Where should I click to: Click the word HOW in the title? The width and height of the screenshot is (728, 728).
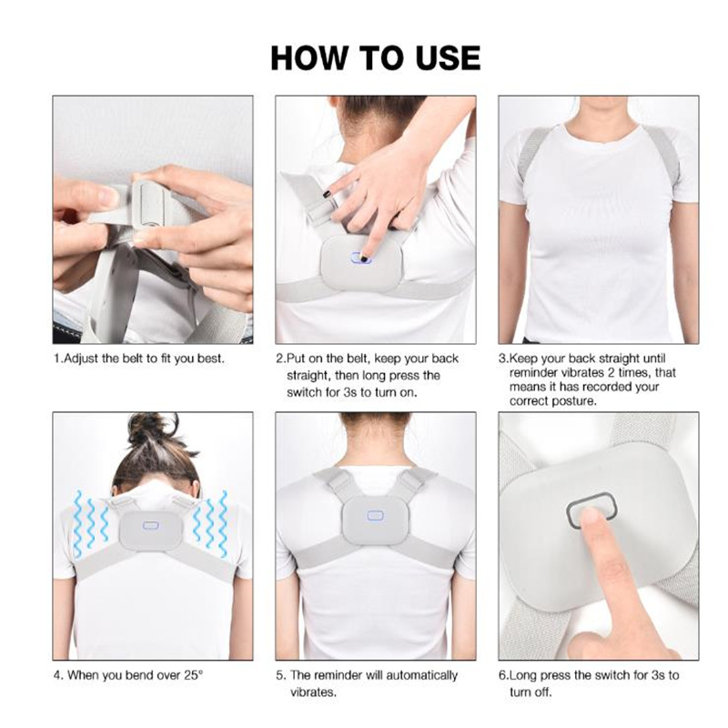pos(308,58)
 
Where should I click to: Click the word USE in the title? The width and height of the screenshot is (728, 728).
pos(448,58)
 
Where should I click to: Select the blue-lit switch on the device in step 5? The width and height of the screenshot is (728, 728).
pos(375,515)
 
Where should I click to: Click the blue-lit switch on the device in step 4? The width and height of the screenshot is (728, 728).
pos(150,526)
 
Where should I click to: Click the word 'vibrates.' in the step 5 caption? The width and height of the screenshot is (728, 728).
pos(313,693)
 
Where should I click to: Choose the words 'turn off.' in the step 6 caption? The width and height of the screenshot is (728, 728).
pos(531,693)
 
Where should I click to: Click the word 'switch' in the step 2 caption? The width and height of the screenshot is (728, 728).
pos(306,392)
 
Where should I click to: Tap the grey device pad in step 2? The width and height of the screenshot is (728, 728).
pos(361,262)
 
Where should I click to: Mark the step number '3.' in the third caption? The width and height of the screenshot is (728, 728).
pos(504,359)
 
